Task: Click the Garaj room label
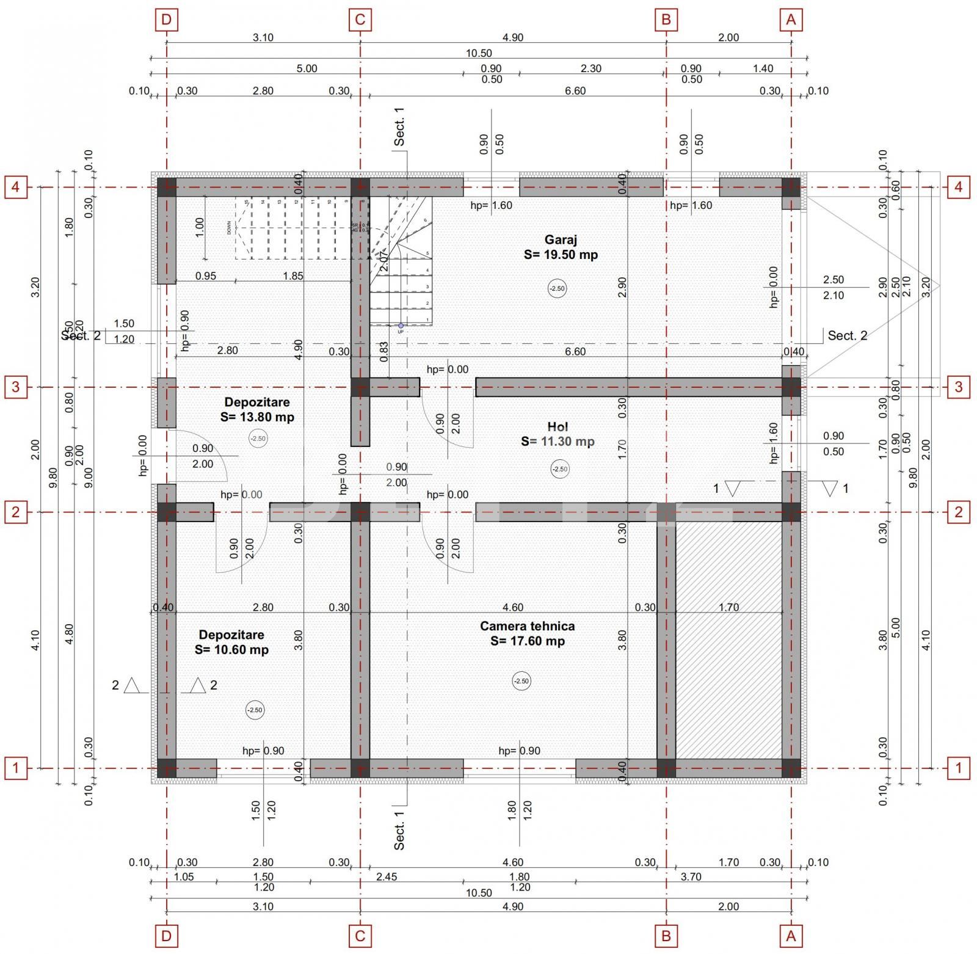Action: pyautogui.click(x=561, y=240)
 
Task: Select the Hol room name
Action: pyautogui.click(x=558, y=426)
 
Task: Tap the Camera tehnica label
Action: pyautogui.click(x=527, y=626)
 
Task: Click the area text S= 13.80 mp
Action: pyautogui.click(x=257, y=417)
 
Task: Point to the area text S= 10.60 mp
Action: pyautogui.click(x=231, y=650)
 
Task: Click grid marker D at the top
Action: pyautogui.click(x=167, y=20)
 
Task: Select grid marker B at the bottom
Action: pyautogui.click(x=666, y=936)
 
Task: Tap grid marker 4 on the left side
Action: pyautogui.click(x=16, y=187)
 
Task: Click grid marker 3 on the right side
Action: pyautogui.click(x=958, y=387)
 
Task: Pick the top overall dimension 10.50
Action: pyautogui.click(x=479, y=54)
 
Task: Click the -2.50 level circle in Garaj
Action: pyautogui.click(x=557, y=288)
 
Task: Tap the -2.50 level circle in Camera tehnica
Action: pyautogui.click(x=521, y=681)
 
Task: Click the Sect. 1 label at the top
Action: pyautogui.click(x=399, y=127)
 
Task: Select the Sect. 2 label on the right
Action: pyautogui.click(x=847, y=335)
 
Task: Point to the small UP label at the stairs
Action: pyautogui.click(x=401, y=332)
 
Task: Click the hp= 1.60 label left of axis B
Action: pyautogui.click(x=491, y=205)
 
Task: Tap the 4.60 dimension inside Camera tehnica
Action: pyautogui.click(x=512, y=607)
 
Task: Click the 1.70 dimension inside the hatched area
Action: pyautogui.click(x=728, y=607)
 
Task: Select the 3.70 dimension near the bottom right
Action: pyautogui.click(x=691, y=876)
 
